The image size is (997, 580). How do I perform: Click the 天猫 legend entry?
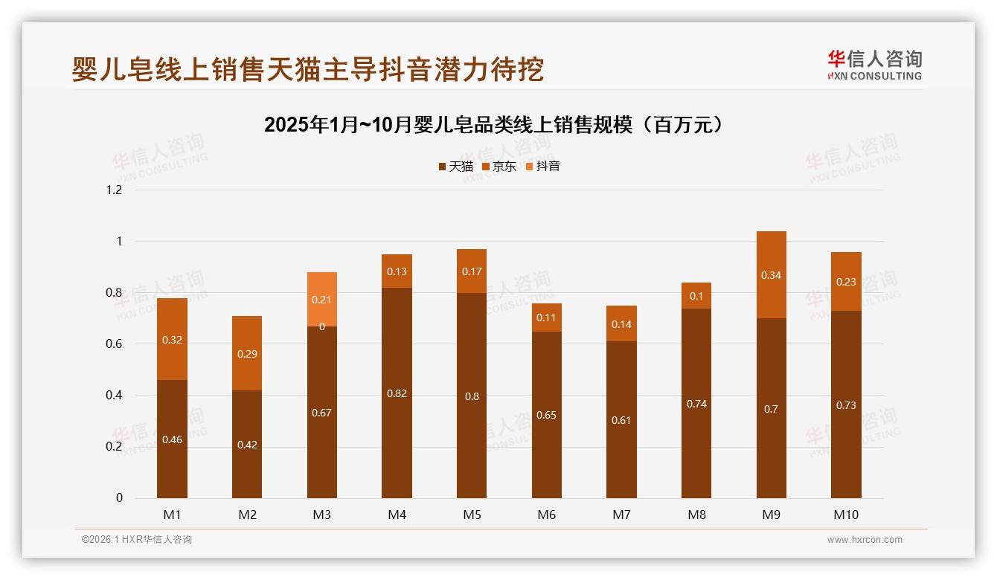point(456,167)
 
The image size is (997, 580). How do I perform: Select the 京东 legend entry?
point(499,167)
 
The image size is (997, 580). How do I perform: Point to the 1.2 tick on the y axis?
point(114,190)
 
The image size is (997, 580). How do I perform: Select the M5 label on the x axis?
point(472,515)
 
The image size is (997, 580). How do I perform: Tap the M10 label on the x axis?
point(846,515)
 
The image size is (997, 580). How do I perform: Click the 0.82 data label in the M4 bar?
point(397,393)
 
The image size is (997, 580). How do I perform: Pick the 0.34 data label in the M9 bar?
point(771,275)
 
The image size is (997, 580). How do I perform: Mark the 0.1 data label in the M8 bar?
point(696,296)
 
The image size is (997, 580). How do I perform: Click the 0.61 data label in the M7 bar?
point(621,420)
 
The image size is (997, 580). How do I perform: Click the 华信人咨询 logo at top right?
point(874,65)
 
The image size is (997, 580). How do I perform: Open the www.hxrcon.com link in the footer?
point(865,540)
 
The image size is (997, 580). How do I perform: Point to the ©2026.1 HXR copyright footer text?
point(136,540)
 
